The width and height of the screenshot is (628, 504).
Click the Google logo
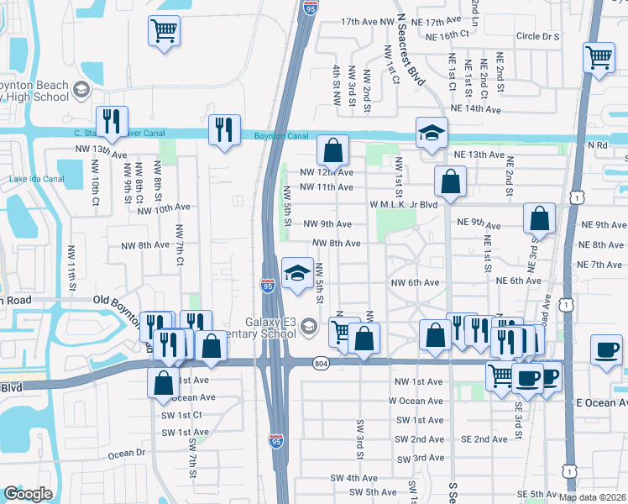pos(28,493)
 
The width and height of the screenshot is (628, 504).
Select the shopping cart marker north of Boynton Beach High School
pos(164,32)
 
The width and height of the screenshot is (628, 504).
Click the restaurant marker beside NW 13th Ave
pos(111,123)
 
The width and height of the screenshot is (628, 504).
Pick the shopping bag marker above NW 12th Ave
pos(332,151)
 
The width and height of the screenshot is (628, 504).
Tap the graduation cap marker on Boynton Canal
pos(432,132)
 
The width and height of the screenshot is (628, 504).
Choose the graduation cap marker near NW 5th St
pos(296,272)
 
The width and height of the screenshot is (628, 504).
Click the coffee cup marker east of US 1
pos(606,349)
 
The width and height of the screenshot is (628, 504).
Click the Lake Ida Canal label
pos(29,179)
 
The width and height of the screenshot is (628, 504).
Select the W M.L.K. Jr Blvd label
pos(405,204)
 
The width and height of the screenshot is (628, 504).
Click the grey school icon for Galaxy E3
pos(308,326)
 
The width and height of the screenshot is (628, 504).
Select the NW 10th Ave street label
pos(164,207)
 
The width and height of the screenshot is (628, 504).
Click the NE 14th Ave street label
pos(476,109)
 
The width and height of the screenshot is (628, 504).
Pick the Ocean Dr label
pos(127,453)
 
